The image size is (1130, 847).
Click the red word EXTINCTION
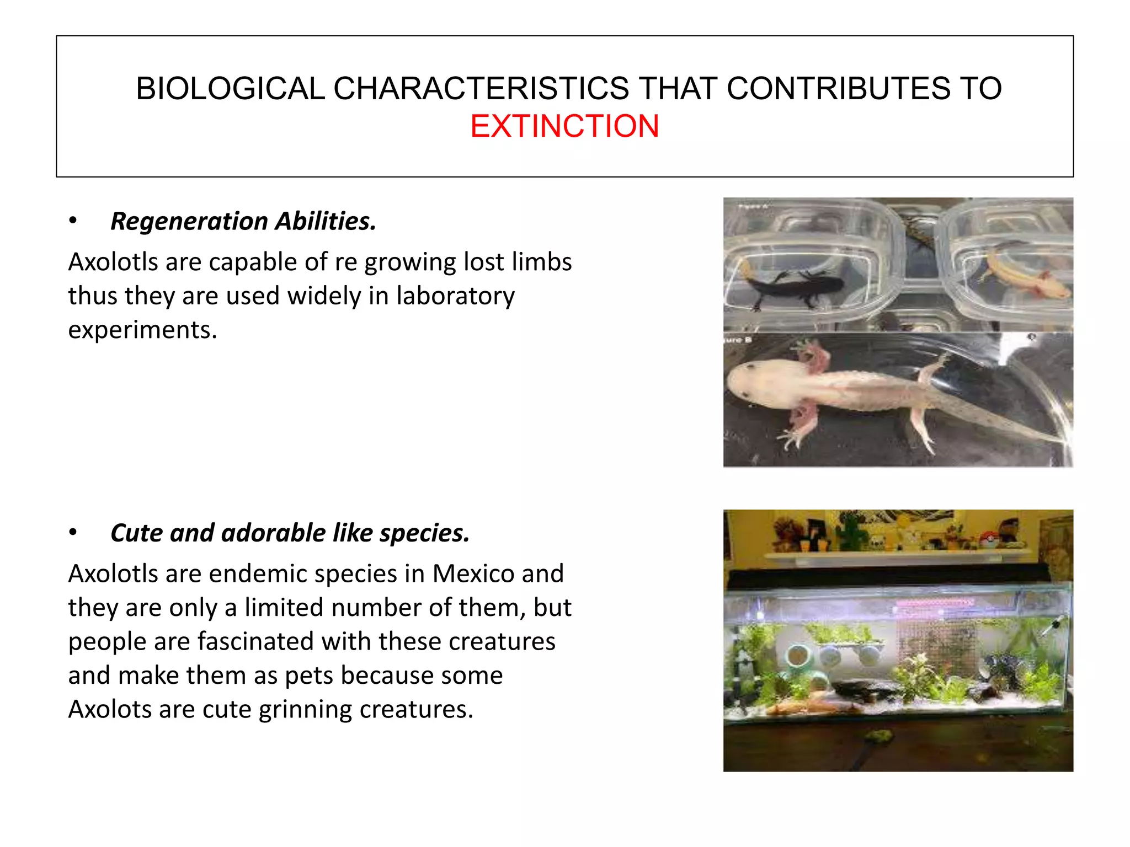[x=564, y=126]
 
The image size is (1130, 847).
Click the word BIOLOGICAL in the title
[x=230, y=88]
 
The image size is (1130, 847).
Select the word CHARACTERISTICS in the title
[x=481, y=88]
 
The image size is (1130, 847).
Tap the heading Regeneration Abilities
[x=243, y=221]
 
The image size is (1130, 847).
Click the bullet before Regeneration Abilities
[x=73, y=221]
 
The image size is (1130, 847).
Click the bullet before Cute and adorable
[x=73, y=533]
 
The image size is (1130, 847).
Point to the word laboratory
[x=455, y=296]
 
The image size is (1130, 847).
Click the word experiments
[x=142, y=330]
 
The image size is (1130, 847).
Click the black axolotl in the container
[x=795, y=287]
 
